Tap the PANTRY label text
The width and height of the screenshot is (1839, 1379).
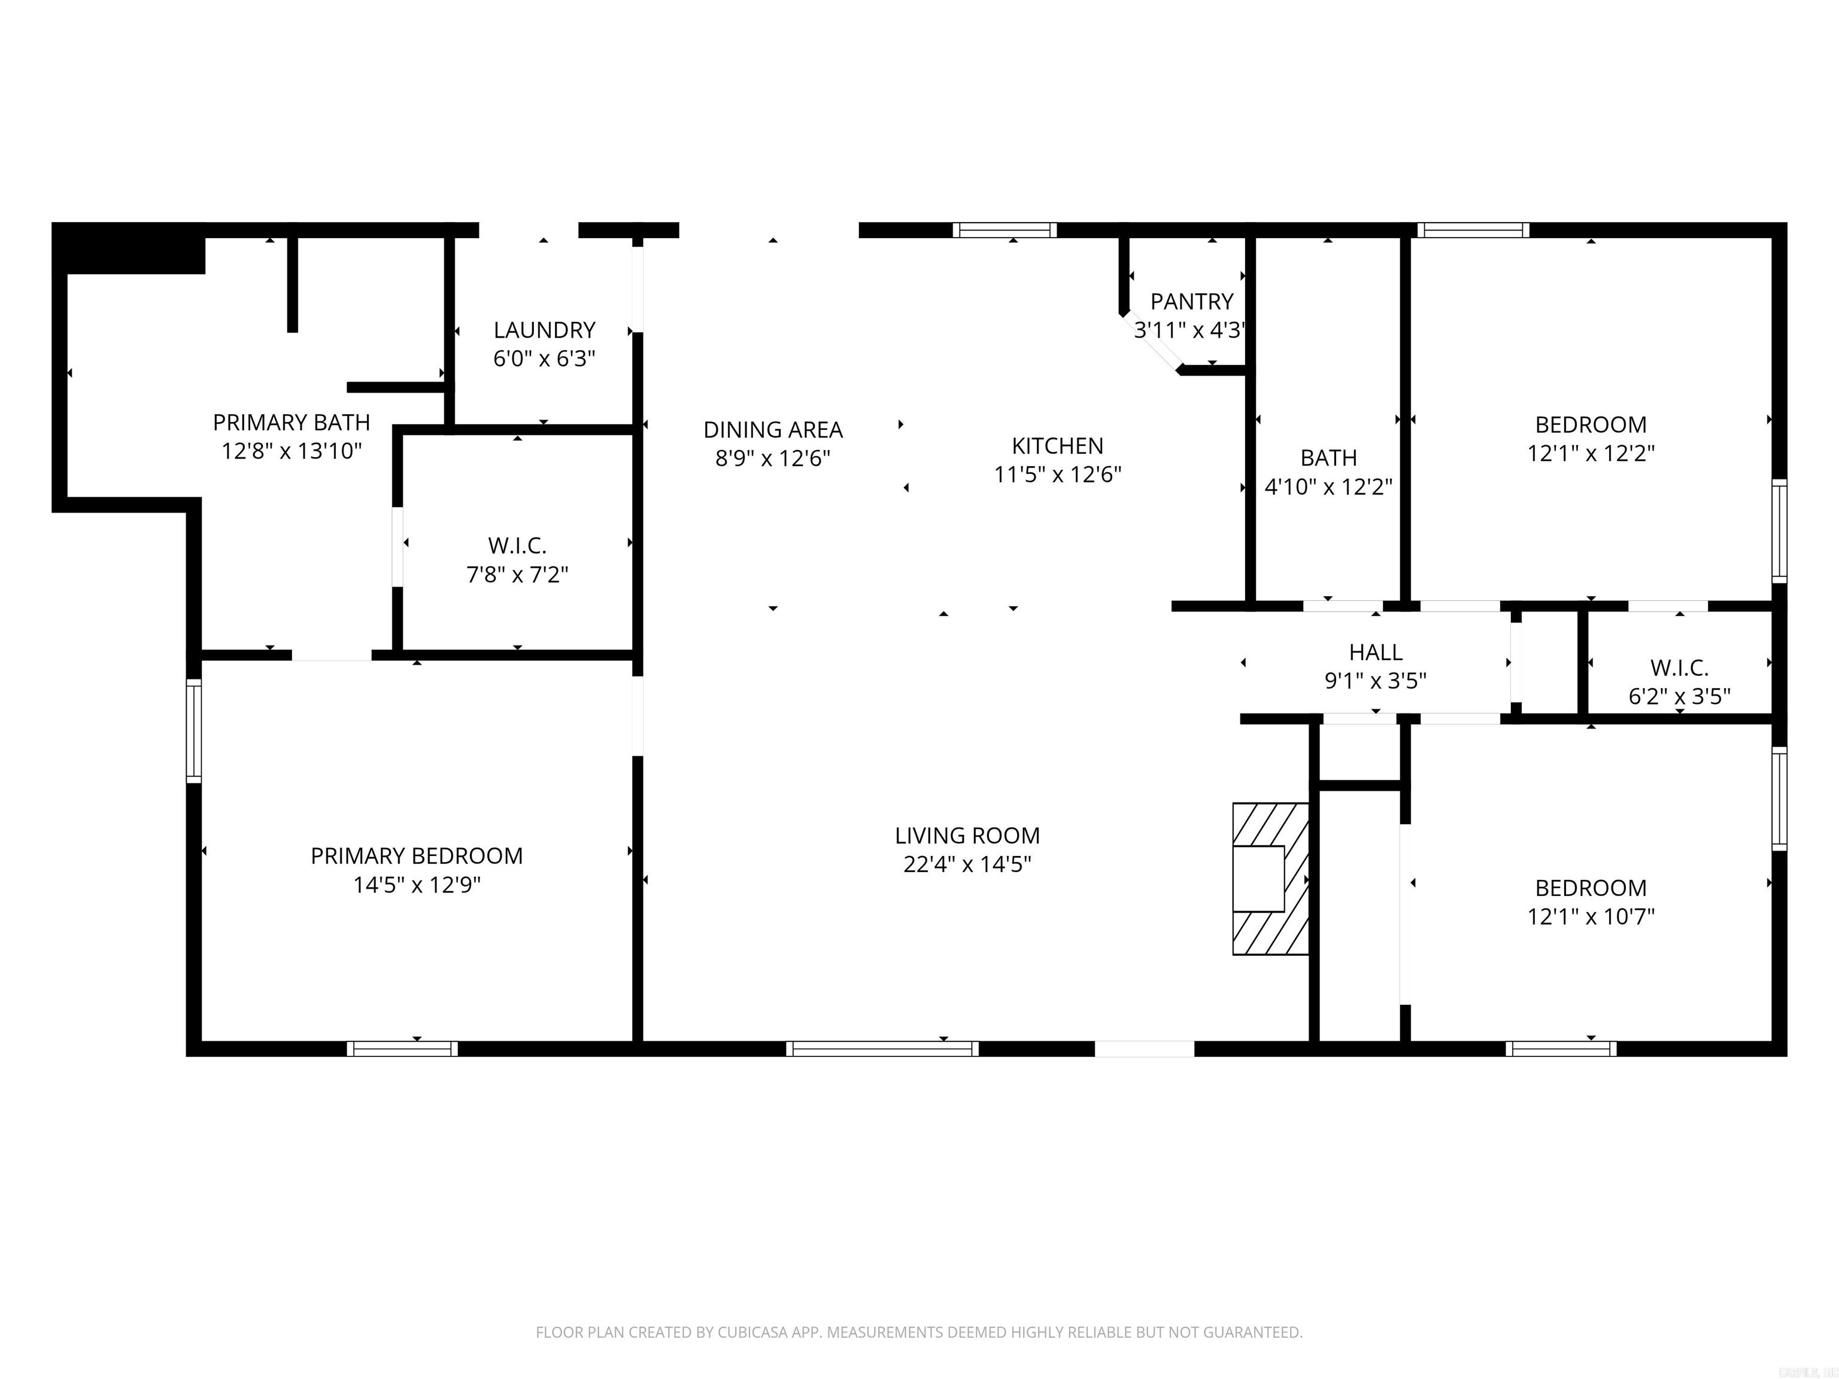1191,301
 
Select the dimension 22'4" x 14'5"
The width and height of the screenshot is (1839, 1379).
967,864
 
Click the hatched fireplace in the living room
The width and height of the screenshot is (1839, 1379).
1270,879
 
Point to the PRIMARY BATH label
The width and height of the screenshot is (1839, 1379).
291,423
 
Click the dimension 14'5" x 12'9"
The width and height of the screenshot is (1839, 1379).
417,885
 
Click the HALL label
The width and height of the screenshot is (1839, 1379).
1375,652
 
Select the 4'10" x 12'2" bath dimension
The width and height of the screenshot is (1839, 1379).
1328,486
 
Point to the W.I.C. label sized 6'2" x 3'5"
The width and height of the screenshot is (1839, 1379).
1679,667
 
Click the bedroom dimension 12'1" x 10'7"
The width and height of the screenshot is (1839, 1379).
1591,916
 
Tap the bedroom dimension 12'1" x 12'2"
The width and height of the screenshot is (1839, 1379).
1591,453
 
